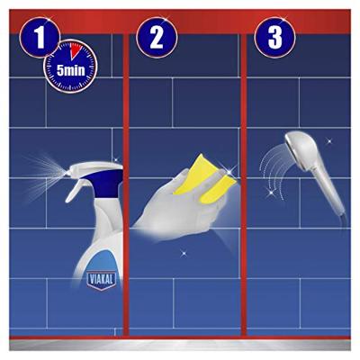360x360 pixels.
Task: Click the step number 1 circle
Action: pos(40,38)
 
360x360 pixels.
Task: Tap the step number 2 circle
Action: pos(157,38)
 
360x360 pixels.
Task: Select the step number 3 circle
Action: pos(274,38)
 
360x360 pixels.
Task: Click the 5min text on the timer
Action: pos(71,70)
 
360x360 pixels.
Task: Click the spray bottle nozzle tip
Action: pos(67,173)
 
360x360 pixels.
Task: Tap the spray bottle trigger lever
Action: pos(75,190)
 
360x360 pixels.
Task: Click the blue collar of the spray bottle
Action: pos(105,182)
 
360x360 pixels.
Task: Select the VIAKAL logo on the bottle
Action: pos(101,280)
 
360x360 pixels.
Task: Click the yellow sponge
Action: pos(205,179)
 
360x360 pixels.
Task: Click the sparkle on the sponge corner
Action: pos(229,172)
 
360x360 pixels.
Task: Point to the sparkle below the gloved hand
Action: pos(184,254)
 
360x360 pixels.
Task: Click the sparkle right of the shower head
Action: pos(329,140)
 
